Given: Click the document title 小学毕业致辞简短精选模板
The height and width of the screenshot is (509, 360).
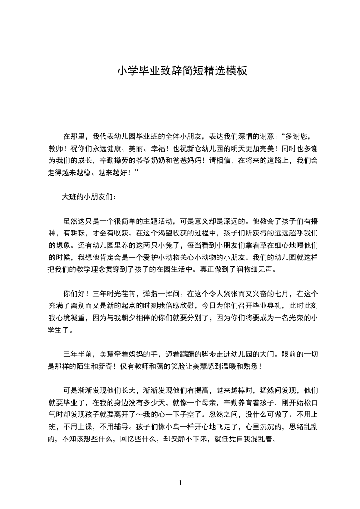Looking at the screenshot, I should tap(182, 71).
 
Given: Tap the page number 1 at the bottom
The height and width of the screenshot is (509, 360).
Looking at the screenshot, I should tap(180, 483).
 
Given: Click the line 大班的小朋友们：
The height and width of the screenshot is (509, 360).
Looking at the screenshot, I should tap(89, 197).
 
